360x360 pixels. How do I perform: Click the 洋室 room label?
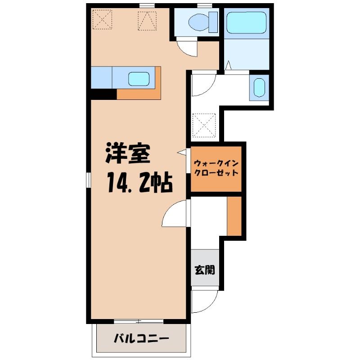[x=128, y=153]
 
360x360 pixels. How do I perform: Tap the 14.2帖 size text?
[x=139, y=182]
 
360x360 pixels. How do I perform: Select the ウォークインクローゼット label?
[x=216, y=168]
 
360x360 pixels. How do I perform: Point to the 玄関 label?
[x=205, y=270]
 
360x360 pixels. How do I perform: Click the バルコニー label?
[x=141, y=338]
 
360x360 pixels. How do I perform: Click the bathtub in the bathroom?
[x=246, y=23]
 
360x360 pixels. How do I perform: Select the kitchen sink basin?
[x=139, y=79]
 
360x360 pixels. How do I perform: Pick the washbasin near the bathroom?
[x=259, y=87]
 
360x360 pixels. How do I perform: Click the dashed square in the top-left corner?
[x=102, y=19]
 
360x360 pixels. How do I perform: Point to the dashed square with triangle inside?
[x=147, y=21]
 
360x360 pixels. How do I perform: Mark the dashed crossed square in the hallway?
[x=204, y=125]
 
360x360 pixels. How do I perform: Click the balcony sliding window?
[x=139, y=321]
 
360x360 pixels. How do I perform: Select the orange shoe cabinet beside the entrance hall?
[x=234, y=216]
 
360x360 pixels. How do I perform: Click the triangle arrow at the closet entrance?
[x=181, y=152]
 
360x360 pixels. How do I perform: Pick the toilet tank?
[x=213, y=22]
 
